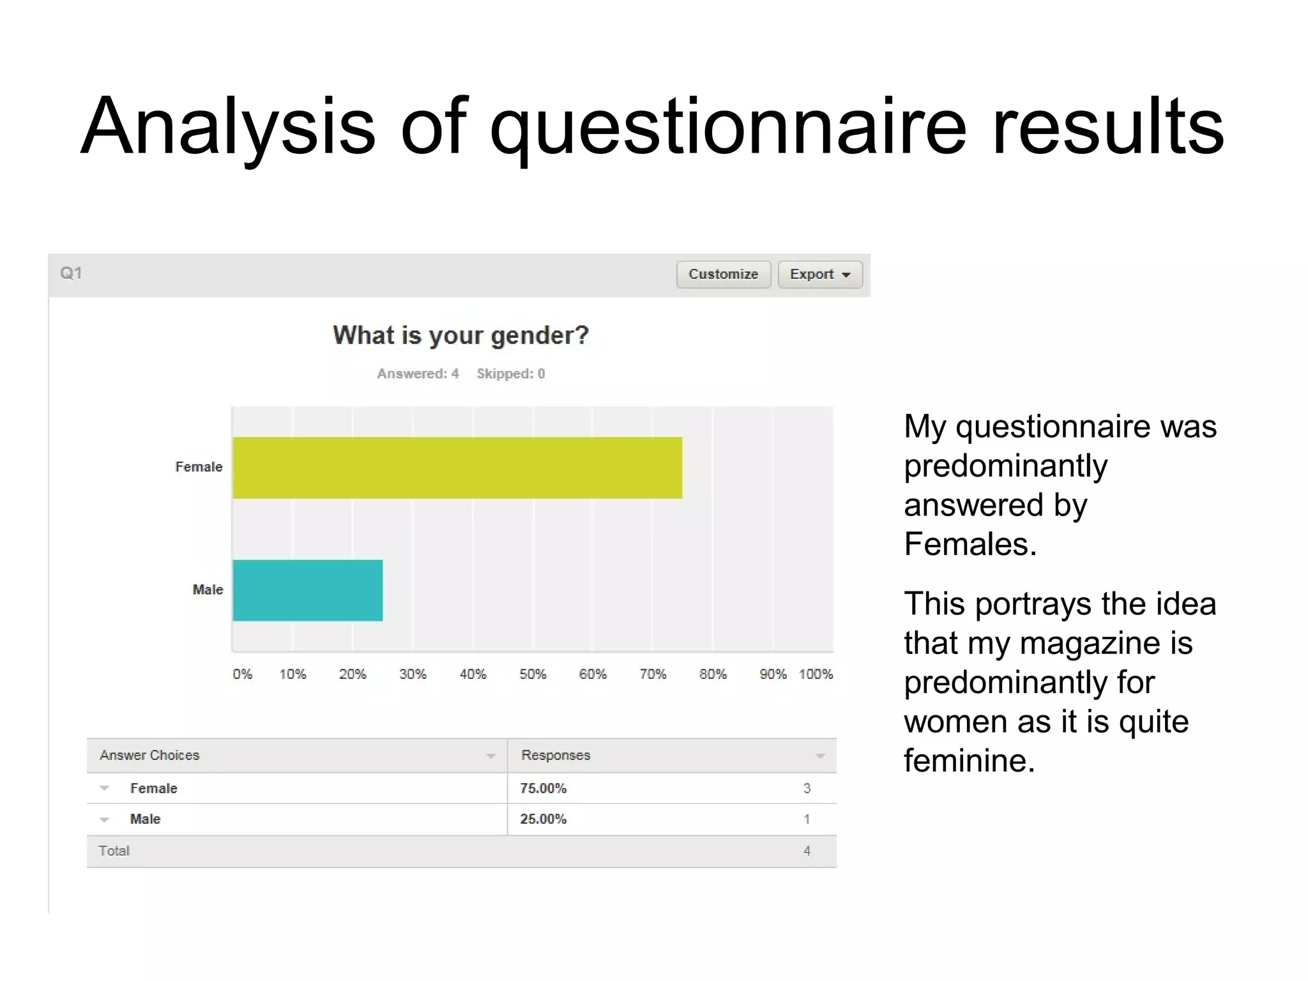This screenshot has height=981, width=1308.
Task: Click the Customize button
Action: pyautogui.click(x=723, y=274)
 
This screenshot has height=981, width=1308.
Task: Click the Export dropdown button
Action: pyautogui.click(x=819, y=274)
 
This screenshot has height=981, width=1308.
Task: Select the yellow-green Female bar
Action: pyautogui.click(x=457, y=468)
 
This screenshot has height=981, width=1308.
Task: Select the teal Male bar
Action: pyautogui.click(x=307, y=590)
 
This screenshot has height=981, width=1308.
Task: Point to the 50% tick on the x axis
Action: pyautogui.click(x=533, y=674)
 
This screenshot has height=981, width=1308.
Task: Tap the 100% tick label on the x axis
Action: pyautogui.click(x=816, y=674)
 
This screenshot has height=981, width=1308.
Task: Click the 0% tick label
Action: pyautogui.click(x=242, y=674)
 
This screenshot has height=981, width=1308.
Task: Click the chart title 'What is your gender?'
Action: pyautogui.click(x=460, y=335)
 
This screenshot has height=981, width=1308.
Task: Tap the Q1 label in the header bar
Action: pyautogui.click(x=71, y=273)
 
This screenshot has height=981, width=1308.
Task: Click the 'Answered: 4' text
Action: pyautogui.click(x=418, y=374)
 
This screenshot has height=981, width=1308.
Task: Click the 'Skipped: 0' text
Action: pyautogui.click(x=510, y=374)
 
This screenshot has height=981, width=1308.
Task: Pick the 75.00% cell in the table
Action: pyautogui.click(x=543, y=788)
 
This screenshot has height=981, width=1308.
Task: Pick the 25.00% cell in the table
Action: pyautogui.click(x=543, y=819)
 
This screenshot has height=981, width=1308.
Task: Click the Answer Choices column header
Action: pyautogui.click(x=149, y=755)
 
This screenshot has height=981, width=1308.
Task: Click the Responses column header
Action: pyautogui.click(x=556, y=755)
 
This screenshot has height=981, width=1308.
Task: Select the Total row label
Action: pyautogui.click(x=114, y=851)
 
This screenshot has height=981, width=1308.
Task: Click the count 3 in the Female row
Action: pyautogui.click(x=807, y=788)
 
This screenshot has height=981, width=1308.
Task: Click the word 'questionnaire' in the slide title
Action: pyautogui.click(x=727, y=126)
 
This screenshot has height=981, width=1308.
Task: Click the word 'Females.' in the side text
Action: pyautogui.click(x=970, y=544)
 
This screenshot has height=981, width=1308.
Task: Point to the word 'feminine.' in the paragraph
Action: pyautogui.click(x=969, y=761)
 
